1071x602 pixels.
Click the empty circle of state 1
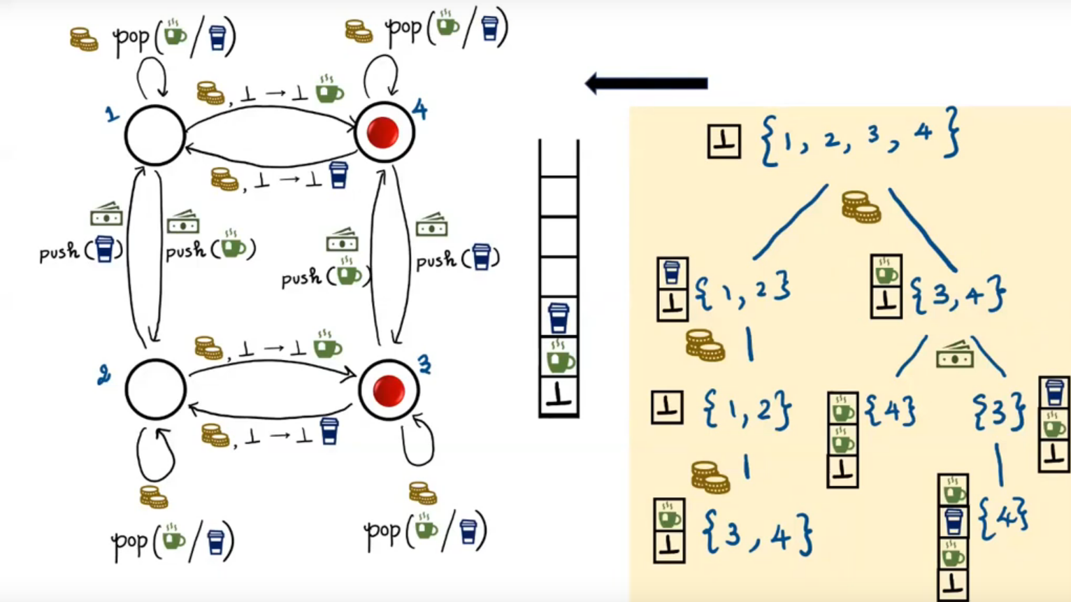[154, 136]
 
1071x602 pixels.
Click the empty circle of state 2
[155, 389]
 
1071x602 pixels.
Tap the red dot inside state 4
[382, 133]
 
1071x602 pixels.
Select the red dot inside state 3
[388, 390]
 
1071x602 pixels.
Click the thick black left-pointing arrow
[646, 83]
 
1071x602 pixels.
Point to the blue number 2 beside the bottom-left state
[104, 375]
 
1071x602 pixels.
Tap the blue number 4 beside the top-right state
[419, 109]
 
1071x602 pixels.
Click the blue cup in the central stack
[558, 318]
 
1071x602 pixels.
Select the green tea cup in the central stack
[559, 358]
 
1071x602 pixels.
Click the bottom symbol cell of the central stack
[559, 396]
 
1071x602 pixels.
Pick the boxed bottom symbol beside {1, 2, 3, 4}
[724, 141]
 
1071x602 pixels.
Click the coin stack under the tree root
[860, 207]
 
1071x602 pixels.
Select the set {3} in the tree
[999, 411]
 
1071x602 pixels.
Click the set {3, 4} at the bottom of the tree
[757, 535]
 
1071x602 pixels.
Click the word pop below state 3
[382, 533]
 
